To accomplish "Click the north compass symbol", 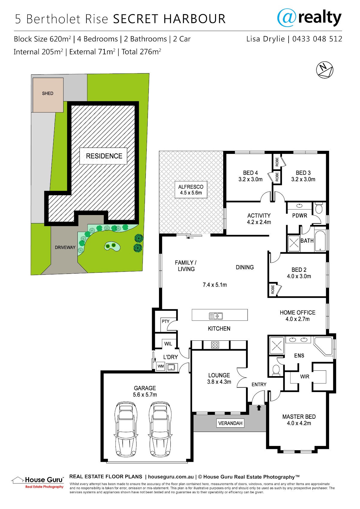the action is (325, 70).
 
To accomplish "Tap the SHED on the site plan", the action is (48, 95).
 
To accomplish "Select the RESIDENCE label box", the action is (103, 156).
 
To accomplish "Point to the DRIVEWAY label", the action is (65, 247).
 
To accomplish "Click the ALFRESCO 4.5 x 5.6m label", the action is (191, 190).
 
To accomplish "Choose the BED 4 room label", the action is (250, 176).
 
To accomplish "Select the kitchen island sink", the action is (216, 316).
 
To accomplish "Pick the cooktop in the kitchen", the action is (215, 345).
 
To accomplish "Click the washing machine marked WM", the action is (161, 366).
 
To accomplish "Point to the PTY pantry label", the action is (166, 321).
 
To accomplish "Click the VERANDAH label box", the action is (230, 423).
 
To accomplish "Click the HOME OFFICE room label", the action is (298, 316).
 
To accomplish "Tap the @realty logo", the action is (309, 18).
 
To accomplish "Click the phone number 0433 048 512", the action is (317, 39).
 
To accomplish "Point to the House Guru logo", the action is (38, 483).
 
